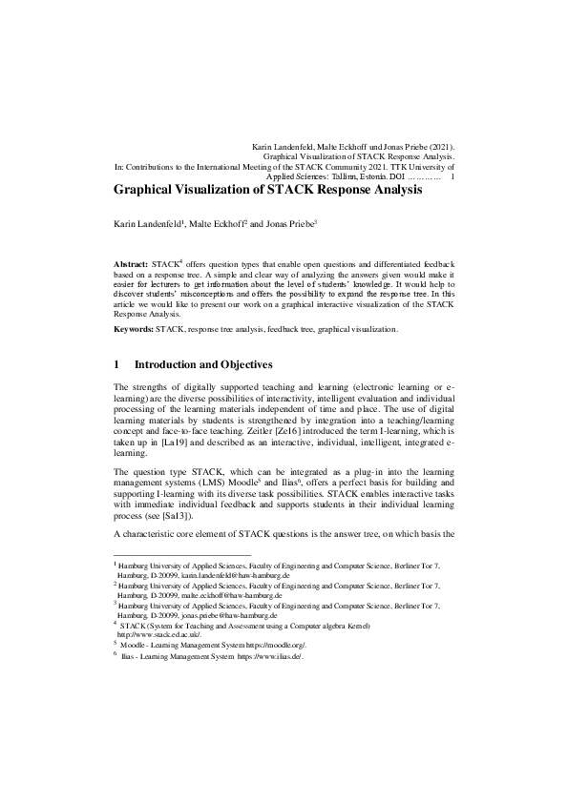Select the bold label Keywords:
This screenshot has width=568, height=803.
(134, 328)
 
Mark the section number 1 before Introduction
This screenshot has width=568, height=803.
(116, 365)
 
